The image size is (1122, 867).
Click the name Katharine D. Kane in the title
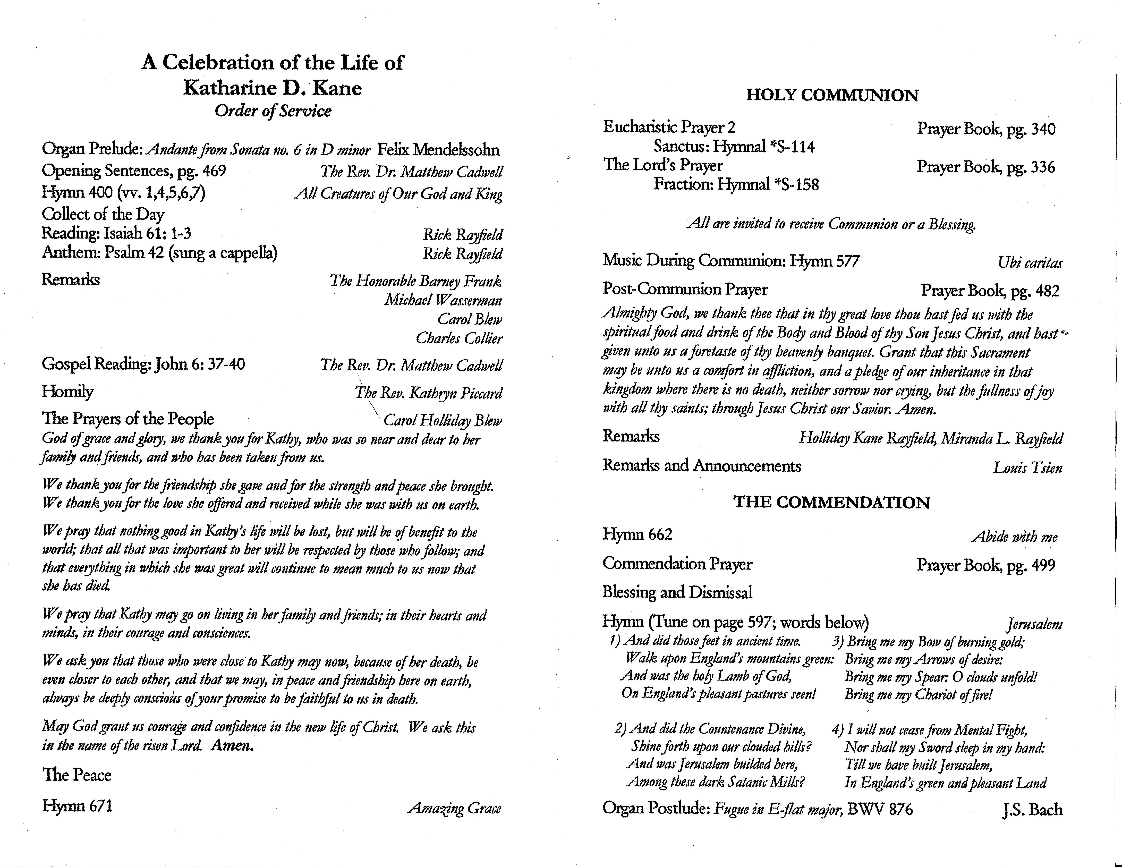[x=272, y=88]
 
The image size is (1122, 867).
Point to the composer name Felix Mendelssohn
[x=438, y=150]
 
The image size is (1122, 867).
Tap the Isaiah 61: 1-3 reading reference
[x=147, y=234]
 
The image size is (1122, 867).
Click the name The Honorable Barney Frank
[x=416, y=281]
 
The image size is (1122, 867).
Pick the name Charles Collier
[x=459, y=338]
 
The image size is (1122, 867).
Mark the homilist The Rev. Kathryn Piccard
[x=428, y=393]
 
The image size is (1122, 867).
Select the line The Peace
[x=77, y=775]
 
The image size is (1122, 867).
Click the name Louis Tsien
[x=1027, y=467]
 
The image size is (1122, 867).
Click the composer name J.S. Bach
[x=1032, y=810]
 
